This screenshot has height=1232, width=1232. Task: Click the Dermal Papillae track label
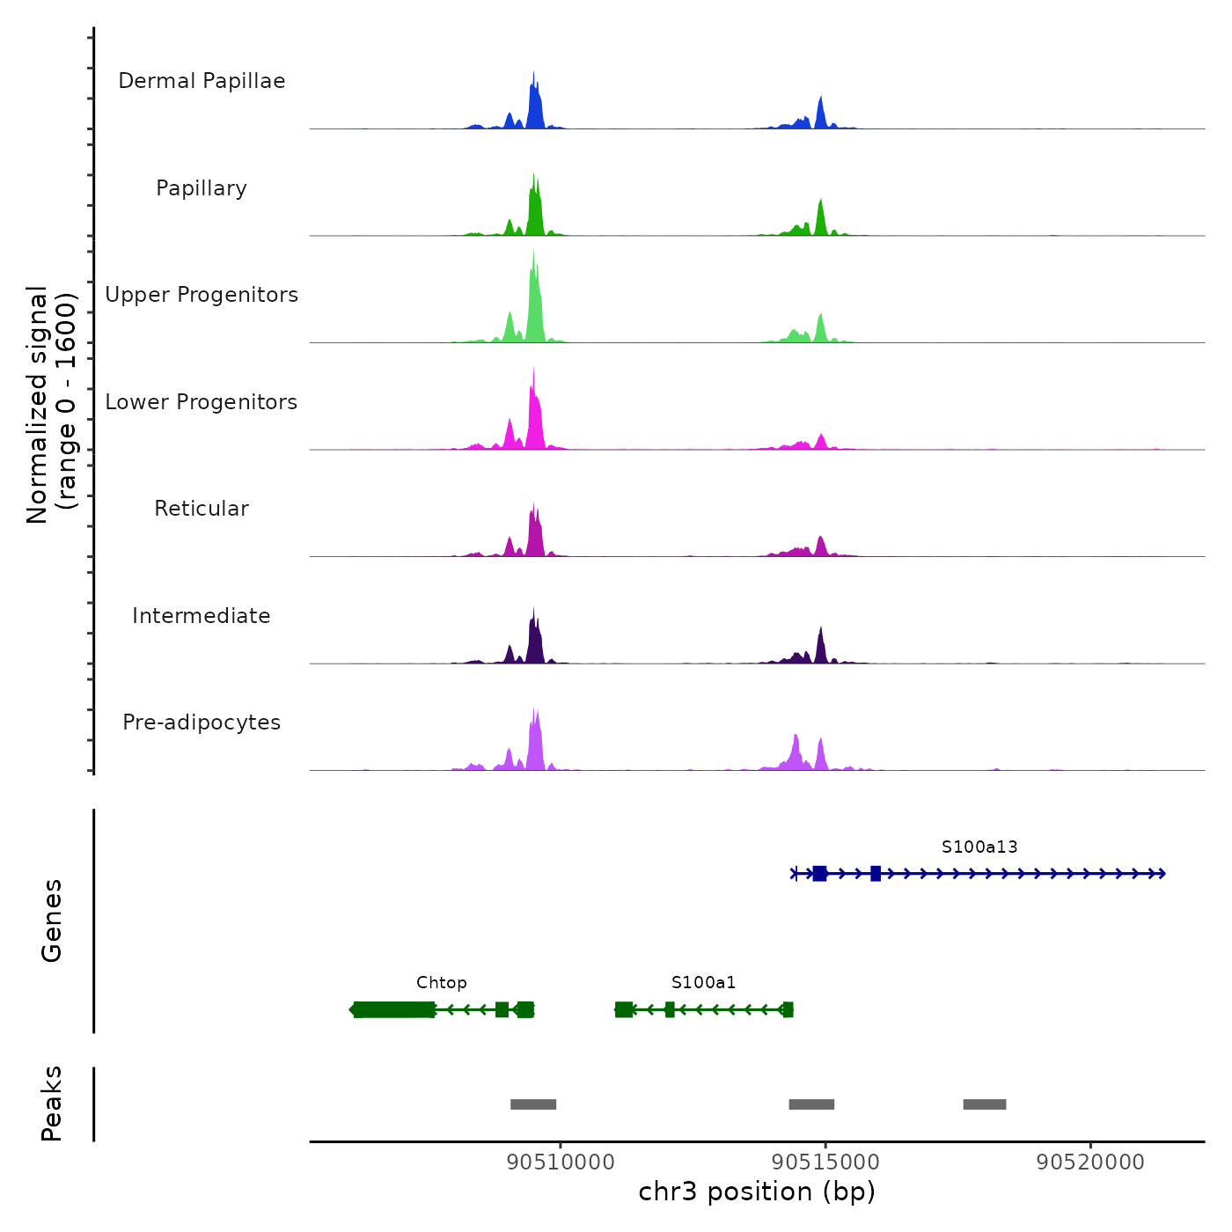pos(202,81)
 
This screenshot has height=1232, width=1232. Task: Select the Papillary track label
pos(202,188)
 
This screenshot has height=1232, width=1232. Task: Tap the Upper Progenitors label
pos(202,295)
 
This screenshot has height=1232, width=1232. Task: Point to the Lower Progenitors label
pos(202,402)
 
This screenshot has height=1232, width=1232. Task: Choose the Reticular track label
pos(202,509)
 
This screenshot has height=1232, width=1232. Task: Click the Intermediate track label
pos(202,616)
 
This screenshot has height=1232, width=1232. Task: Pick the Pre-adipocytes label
pos(202,722)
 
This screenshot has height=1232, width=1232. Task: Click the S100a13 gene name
pos(979,847)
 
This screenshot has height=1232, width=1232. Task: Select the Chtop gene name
pos(442,983)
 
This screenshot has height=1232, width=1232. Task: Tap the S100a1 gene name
pos(703,983)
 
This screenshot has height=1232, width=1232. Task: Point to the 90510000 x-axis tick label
pos(561,1162)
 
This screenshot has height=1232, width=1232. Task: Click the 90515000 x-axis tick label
pos(825,1162)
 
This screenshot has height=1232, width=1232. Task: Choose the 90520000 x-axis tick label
pos(1090,1162)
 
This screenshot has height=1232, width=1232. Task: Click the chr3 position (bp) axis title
pos(757,1192)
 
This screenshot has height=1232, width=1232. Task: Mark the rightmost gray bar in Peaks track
pos(985,1104)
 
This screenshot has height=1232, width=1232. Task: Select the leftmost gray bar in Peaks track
pos(533,1104)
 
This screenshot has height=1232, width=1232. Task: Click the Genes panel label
pos(52,920)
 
